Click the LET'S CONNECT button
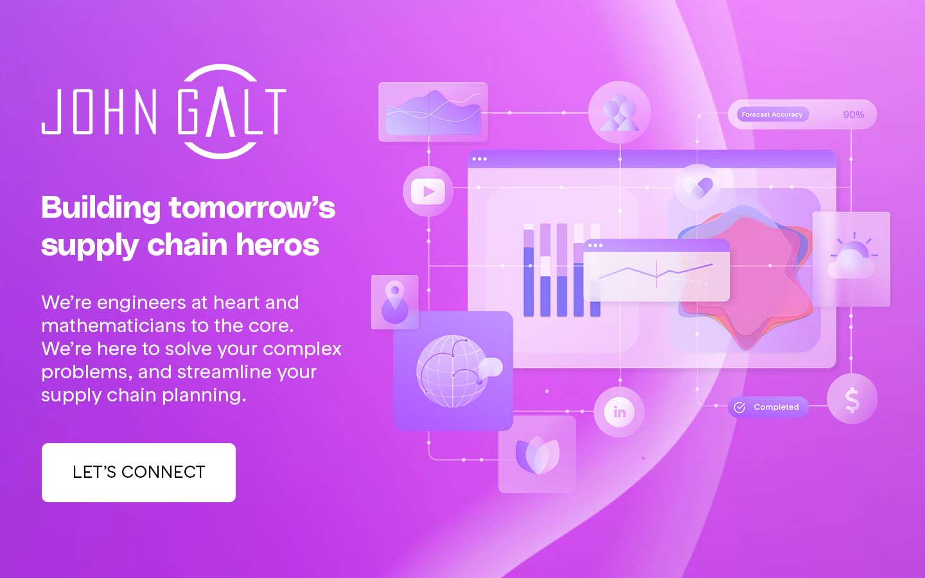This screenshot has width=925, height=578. (x=139, y=472)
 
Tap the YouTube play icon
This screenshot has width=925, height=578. (x=428, y=191)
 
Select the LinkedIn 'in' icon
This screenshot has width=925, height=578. (x=619, y=412)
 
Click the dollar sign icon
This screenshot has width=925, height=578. (x=852, y=399)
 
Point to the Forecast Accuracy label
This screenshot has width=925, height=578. (x=772, y=114)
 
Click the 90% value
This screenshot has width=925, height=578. (x=854, y=115)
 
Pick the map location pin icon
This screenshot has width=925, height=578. (x=395, y=302)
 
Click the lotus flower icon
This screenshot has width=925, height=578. (x=537, y=455)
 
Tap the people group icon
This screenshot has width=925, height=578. (x=619, y=112)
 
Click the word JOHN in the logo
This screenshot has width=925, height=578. (x=99, y=112)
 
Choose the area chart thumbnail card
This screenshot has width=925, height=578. (x=433, y=112)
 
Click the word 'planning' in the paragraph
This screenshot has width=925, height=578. (x=204, y=396)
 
